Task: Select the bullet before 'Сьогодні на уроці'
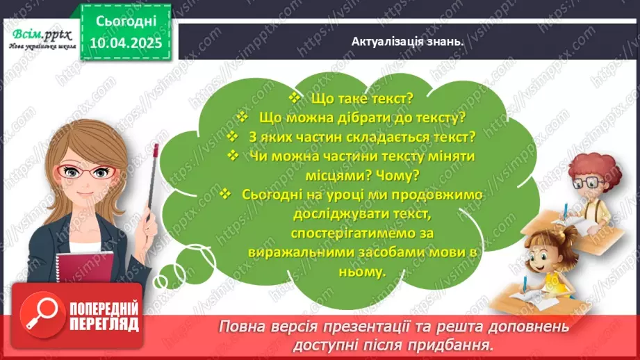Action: [x=224, y=195]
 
